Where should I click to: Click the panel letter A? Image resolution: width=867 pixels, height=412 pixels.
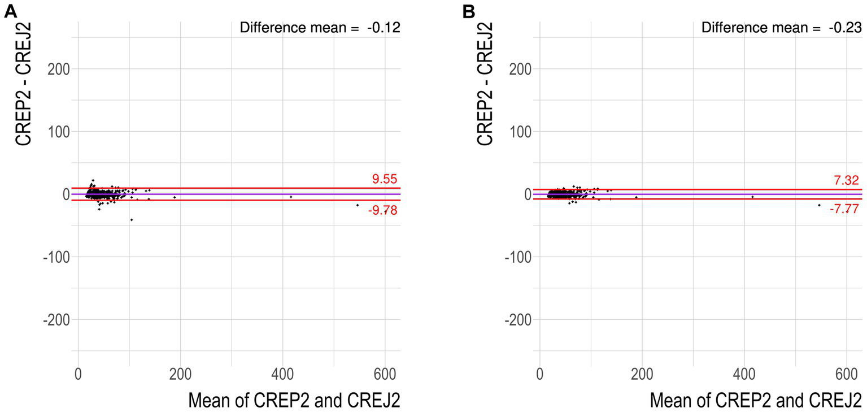(10, 12)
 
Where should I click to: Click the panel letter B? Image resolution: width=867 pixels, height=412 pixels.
(469, 12)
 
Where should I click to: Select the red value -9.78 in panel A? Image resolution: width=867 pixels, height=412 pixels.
(384, 210)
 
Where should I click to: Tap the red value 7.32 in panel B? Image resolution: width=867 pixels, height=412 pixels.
(846, 180)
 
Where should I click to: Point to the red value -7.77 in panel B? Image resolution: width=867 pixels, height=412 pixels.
(844, 209)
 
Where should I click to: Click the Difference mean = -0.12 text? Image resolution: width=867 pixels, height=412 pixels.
(320, 28)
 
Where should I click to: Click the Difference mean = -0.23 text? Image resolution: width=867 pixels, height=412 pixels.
(782, 28)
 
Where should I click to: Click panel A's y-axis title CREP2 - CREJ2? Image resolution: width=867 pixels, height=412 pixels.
(23, 84)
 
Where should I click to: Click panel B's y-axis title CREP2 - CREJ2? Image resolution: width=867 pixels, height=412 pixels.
(485, 84)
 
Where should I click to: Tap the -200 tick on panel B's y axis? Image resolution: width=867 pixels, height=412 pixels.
(516, 319)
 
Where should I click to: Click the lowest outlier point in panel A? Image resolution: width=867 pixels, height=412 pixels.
(132, 219)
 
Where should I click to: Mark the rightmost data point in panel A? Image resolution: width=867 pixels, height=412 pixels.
(358, 205)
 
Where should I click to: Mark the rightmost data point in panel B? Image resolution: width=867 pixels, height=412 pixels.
(819, 205)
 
